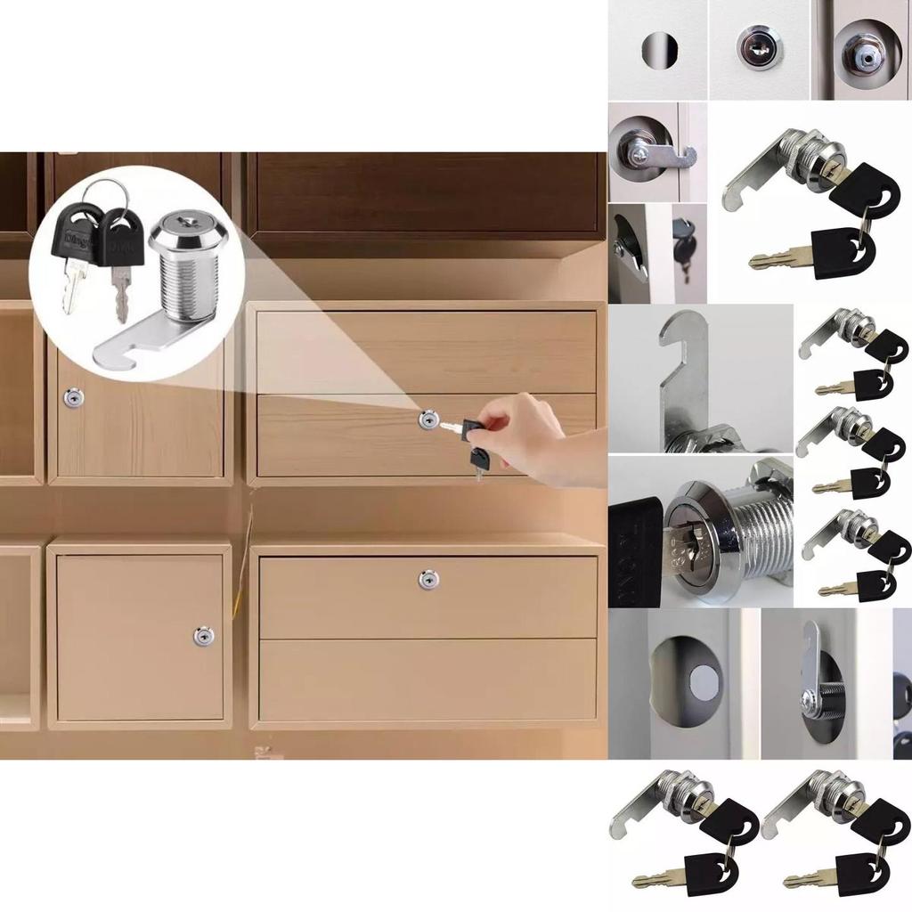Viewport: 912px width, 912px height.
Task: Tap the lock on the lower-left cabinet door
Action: (x=204, y=636)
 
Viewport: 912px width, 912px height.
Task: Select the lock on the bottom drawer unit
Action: (x=428, y=579)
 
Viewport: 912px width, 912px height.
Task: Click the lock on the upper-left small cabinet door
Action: (x=70, y=398)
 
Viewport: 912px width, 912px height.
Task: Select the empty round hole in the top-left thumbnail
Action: (x=659, y=49)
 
